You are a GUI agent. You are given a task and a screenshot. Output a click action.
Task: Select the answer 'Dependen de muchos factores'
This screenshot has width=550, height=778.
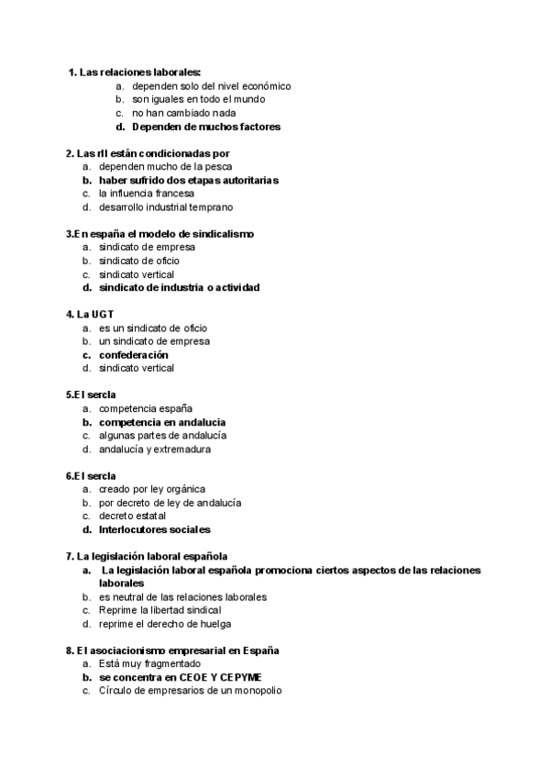coord(205,127)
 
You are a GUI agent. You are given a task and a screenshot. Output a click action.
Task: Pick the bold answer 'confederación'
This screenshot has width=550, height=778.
coord(134,354)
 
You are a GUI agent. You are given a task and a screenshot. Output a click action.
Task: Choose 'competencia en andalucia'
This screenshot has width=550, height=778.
coord(162,422)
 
